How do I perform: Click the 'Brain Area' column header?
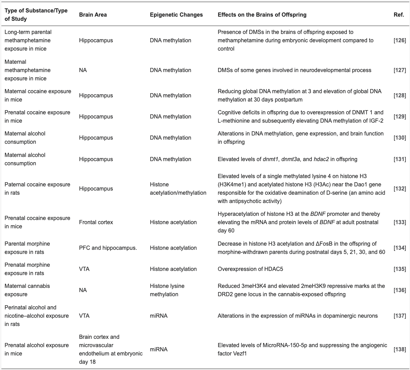(x=93, y=15)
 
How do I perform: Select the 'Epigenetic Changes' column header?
(x=176, y=15)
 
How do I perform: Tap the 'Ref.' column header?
(x=399, y=15)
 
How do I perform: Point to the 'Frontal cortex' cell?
(x=96, y=222)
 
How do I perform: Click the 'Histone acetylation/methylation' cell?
(x=178, y=189)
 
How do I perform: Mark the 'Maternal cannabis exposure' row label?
(x=27, y=290)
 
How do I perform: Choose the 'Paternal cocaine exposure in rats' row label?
(x=37, y=189)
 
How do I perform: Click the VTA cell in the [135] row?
(x=84, y=269)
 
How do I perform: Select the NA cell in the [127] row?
(x=83, y=70)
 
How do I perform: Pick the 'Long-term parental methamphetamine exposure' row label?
(x=28, y=41)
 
